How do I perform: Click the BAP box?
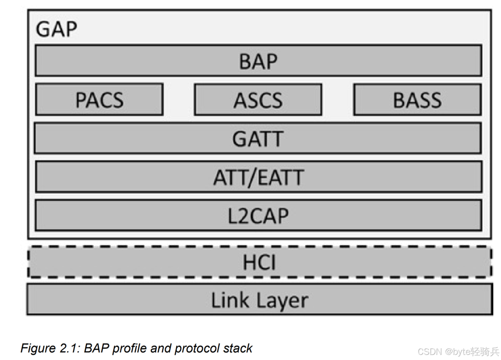tap(258, 61)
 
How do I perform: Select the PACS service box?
tap(99, 99)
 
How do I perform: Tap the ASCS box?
tap(258, 99)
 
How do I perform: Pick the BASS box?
tap(417, 99)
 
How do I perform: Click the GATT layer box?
tap(258, 138)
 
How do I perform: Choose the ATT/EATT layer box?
tap(258, 177)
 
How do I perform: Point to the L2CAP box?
tap(258, 215)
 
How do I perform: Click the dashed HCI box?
tap(259, 262)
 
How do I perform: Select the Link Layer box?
tap(259, 300)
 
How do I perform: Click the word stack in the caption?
tap(238, 348)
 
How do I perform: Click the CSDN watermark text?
tap(429, 351)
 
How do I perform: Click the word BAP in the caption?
tap(94, 348)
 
